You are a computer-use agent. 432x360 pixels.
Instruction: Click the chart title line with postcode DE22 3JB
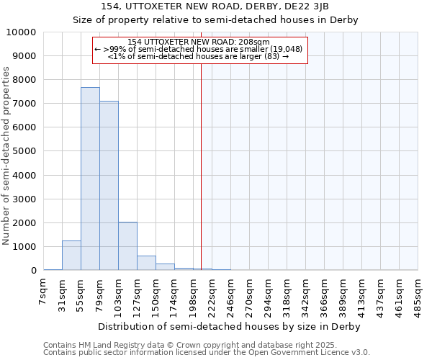[216, 6]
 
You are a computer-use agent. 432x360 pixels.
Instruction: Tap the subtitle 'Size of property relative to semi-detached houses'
[216, 19]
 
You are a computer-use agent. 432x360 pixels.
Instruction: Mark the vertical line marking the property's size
[201, 166]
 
